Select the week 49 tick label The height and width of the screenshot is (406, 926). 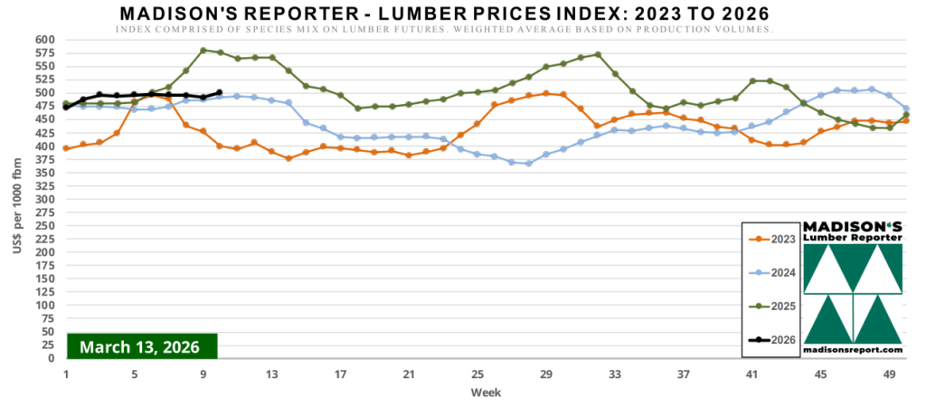[x=889, y=374]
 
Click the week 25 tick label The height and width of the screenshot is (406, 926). [x=477, y=374]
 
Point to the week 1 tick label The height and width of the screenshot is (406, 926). [x=66, y=374]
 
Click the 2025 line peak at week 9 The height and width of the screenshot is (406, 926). [x=203, y=50]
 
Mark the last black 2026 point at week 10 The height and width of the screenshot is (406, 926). [x=221, y=92]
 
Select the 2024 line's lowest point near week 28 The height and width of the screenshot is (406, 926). [x=529, y=164]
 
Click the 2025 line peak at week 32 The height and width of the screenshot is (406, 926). [x=598, y=54]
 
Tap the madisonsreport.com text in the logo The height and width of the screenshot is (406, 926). [x=853, y=350]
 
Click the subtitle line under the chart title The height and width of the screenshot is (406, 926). [x=443, y=30]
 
